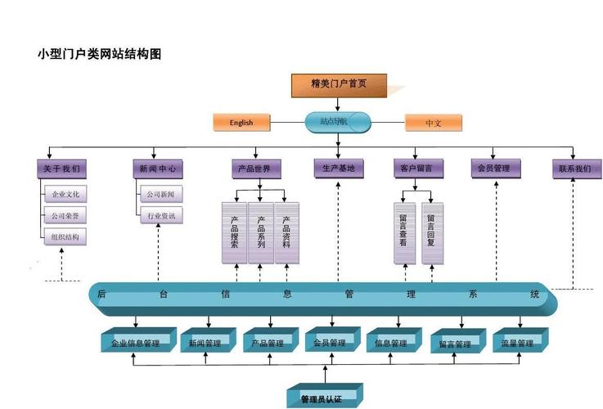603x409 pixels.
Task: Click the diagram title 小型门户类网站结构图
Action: pos(99,55)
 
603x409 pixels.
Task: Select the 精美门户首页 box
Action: pos(339,84)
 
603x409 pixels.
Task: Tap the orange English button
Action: pos(241,123)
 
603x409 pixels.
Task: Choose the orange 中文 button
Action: pos(434,123)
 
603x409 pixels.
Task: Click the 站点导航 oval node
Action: pos(338,122)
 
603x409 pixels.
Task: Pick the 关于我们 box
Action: pos(62,169)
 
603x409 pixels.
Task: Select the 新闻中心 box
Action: pos(157,169)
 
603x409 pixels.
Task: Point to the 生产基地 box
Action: pos(338,169)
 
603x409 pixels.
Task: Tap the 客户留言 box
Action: pos(417,169)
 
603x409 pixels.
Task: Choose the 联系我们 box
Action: pos(574,169)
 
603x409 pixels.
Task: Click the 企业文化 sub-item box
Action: pos(65,195)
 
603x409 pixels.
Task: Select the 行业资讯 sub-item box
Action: pos(160,217)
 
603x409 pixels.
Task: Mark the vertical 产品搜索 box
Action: pos(234,233)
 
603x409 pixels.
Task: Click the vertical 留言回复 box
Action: pos(432,233)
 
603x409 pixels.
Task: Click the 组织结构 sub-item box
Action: pos(65,237)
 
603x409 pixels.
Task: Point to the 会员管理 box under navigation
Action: pos(493,169)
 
